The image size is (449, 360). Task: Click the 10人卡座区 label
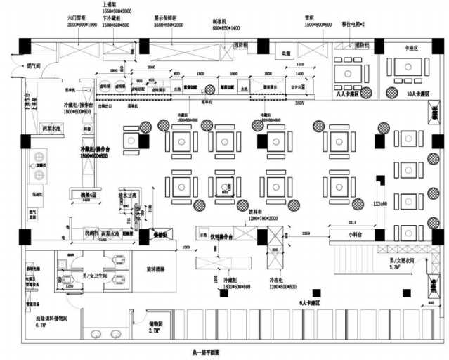(401, 93)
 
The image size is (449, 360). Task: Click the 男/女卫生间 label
(93, 276)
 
